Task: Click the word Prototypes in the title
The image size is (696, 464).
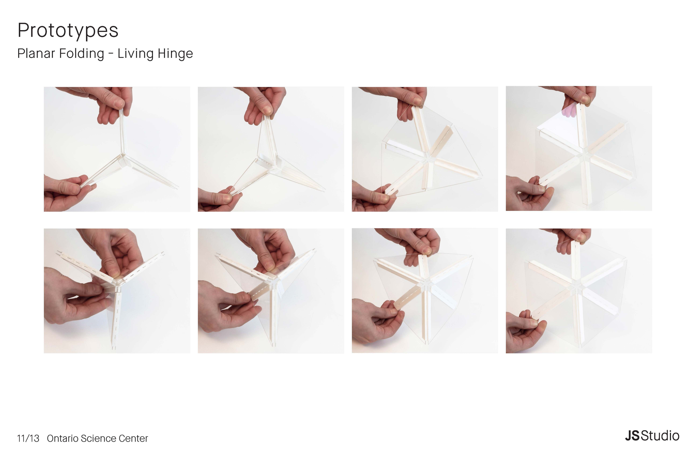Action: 68,30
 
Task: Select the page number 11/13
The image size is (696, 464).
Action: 28,438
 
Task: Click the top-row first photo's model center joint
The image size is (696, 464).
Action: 123,160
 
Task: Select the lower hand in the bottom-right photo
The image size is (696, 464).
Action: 526,331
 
